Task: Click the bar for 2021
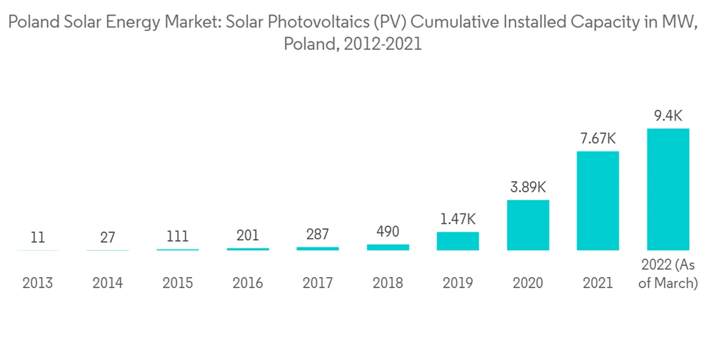point(598,201)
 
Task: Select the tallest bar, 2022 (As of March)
point(668,189)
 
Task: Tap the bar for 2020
point(528,225)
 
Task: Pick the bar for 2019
point(458,241)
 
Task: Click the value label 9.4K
point(668,114)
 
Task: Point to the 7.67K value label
point(598,138)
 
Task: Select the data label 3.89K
point(528,187)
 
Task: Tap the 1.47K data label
point(458,219)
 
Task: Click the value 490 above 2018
point(388,231)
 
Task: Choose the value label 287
point(318,234)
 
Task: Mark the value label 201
point(248,236)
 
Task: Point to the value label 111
point(178,236)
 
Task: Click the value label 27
point(108,237)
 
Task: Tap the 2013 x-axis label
point(38,283)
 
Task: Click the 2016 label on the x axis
point(248,283)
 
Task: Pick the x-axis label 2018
point(388,283)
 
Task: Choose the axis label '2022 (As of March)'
point(668,274)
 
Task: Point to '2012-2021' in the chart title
point(383,44)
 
